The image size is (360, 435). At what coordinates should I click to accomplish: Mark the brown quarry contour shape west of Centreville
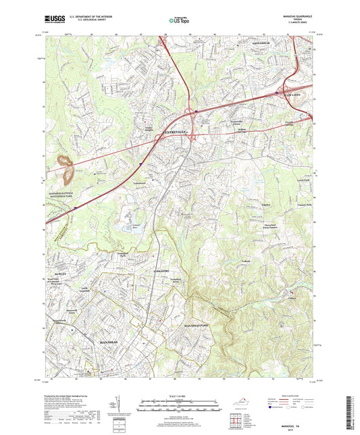(x=68, y=169)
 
